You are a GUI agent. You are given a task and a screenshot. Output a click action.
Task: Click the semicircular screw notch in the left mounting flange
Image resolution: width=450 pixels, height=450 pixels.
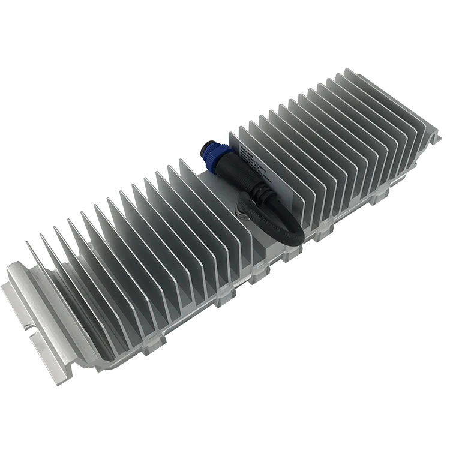[x=28, y=329]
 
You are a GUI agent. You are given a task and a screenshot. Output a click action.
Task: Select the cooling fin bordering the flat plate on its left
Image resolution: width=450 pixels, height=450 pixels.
[x=180, y=180]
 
